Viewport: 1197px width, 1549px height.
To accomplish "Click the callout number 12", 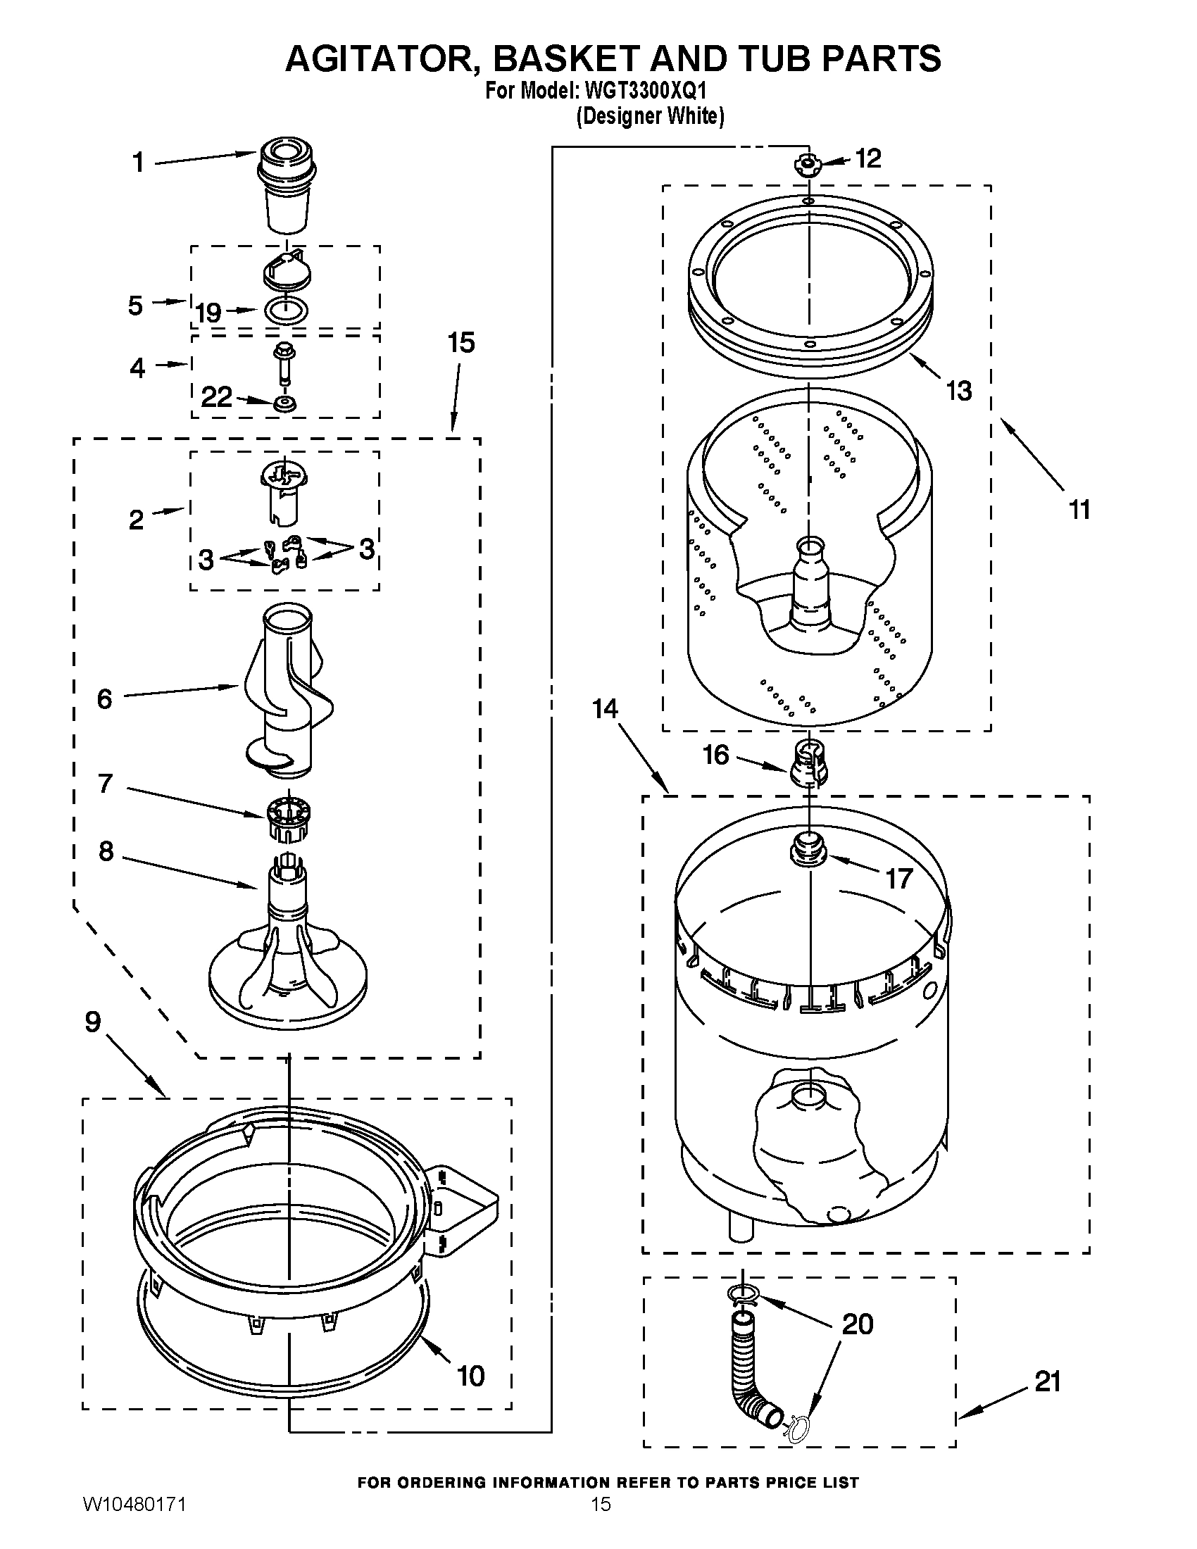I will tap(868, 158).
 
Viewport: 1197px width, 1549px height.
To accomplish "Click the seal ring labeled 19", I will tap(285, 310).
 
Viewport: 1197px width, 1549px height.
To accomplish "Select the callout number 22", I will tap(216, 397).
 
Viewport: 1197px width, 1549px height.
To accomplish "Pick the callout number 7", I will tap(105, 784).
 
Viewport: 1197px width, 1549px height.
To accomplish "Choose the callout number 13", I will tap(959, 390).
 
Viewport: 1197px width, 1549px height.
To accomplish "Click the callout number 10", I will tap(470, 1376).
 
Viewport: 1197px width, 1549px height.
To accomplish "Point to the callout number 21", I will tap(1048, 1381).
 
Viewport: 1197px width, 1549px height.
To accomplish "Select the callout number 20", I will tap(858, 1324).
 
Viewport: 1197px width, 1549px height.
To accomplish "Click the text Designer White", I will tap(650, 115).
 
